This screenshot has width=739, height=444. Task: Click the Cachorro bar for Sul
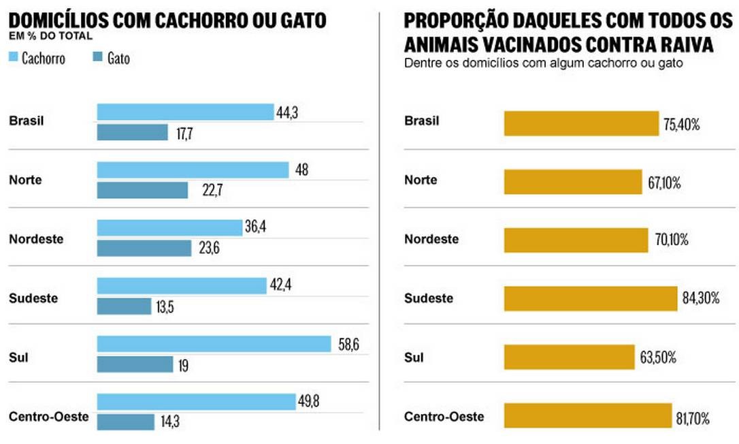coord(214,344)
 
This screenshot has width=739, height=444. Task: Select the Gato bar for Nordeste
coord(144,249)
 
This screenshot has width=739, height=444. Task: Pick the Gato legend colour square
coord(96,58)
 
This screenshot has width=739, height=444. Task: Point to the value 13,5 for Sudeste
coord(164,307)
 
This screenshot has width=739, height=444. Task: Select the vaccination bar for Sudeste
coord(591,298)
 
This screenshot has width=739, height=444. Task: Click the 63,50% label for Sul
coord(657,358)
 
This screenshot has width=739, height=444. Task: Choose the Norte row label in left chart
coord(25,180)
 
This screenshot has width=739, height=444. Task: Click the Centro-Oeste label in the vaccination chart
coord(444,416)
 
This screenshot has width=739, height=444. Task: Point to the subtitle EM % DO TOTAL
coord(50,35)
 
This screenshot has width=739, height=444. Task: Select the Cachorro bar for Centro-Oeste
coord(197,402)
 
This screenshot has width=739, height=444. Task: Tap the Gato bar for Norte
coord(142,190)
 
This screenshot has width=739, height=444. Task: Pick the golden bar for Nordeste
coord(576,240)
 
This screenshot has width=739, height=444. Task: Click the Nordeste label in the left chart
coord(36,239)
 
